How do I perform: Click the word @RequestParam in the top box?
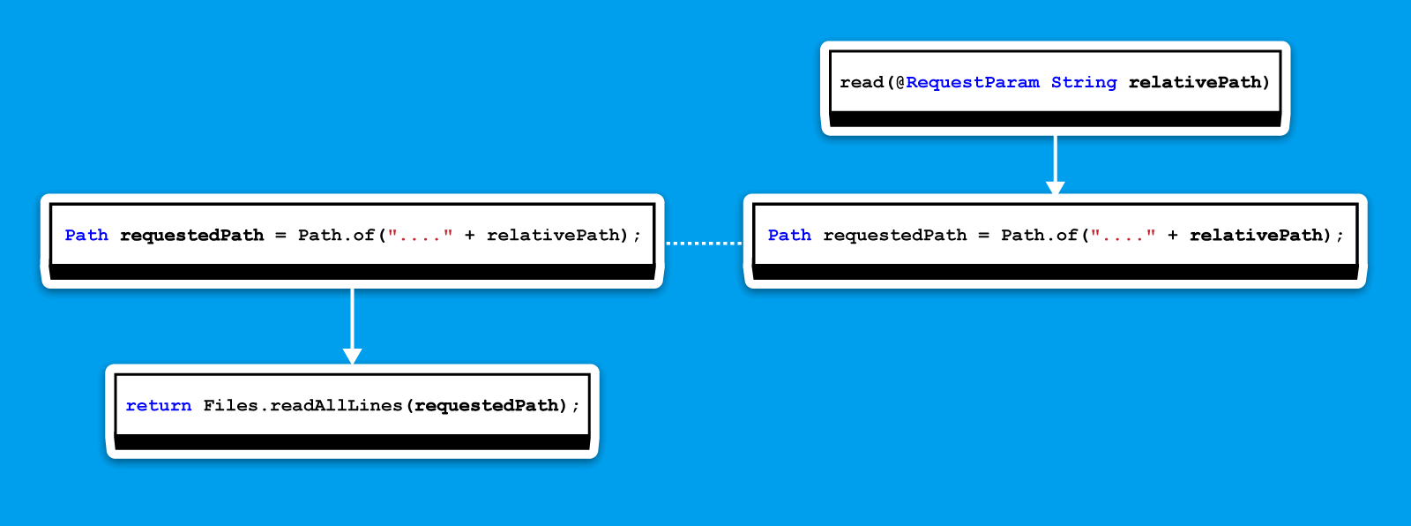(967, 82)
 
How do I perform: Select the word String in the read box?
(1084, 82)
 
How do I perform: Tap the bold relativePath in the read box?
(1195, 82)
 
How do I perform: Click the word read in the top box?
(862, 82)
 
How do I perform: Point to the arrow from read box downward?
(1055, 164)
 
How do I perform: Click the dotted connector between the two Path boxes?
(704, 242)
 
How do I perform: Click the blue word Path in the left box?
(86, 235)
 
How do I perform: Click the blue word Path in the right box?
(789, 235)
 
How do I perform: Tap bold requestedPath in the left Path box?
(191, 235)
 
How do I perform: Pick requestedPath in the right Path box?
(894, 235)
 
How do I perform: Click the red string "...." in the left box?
(420, 235)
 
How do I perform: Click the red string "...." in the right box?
(1123, 235)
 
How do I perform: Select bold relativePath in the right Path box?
(1256, 235)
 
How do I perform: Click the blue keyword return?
(159, 405)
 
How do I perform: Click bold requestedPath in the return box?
(486, 405)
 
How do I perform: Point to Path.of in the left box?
(336, 235)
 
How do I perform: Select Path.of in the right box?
(1039, 235)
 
